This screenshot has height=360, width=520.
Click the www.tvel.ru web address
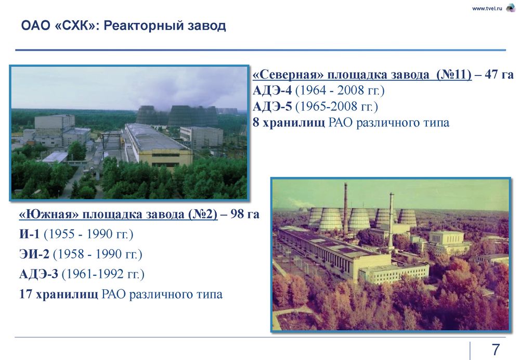[487, 9]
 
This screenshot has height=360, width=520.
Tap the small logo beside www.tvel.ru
[510, 8]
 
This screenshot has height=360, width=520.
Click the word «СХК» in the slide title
[74, 25]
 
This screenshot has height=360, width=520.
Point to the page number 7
[496, 350]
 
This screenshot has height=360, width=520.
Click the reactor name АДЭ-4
[272, 90]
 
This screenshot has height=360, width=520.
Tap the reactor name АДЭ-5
[272, 107]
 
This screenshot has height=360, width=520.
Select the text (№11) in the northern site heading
[453, 74]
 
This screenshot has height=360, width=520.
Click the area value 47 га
[499, 74]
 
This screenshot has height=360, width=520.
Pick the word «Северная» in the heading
[288, 74]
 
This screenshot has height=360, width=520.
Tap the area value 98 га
[245, 214]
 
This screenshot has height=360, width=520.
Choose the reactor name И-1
[30, 234]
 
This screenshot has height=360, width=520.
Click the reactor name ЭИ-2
[34, 254]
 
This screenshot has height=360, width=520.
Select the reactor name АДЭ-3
[39, 274]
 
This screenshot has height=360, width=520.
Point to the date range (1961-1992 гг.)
[103, 274]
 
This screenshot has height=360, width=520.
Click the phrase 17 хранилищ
[59, 294]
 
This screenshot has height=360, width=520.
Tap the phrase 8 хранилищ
[289, 123]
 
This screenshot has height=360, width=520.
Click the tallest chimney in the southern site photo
[346, 209]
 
